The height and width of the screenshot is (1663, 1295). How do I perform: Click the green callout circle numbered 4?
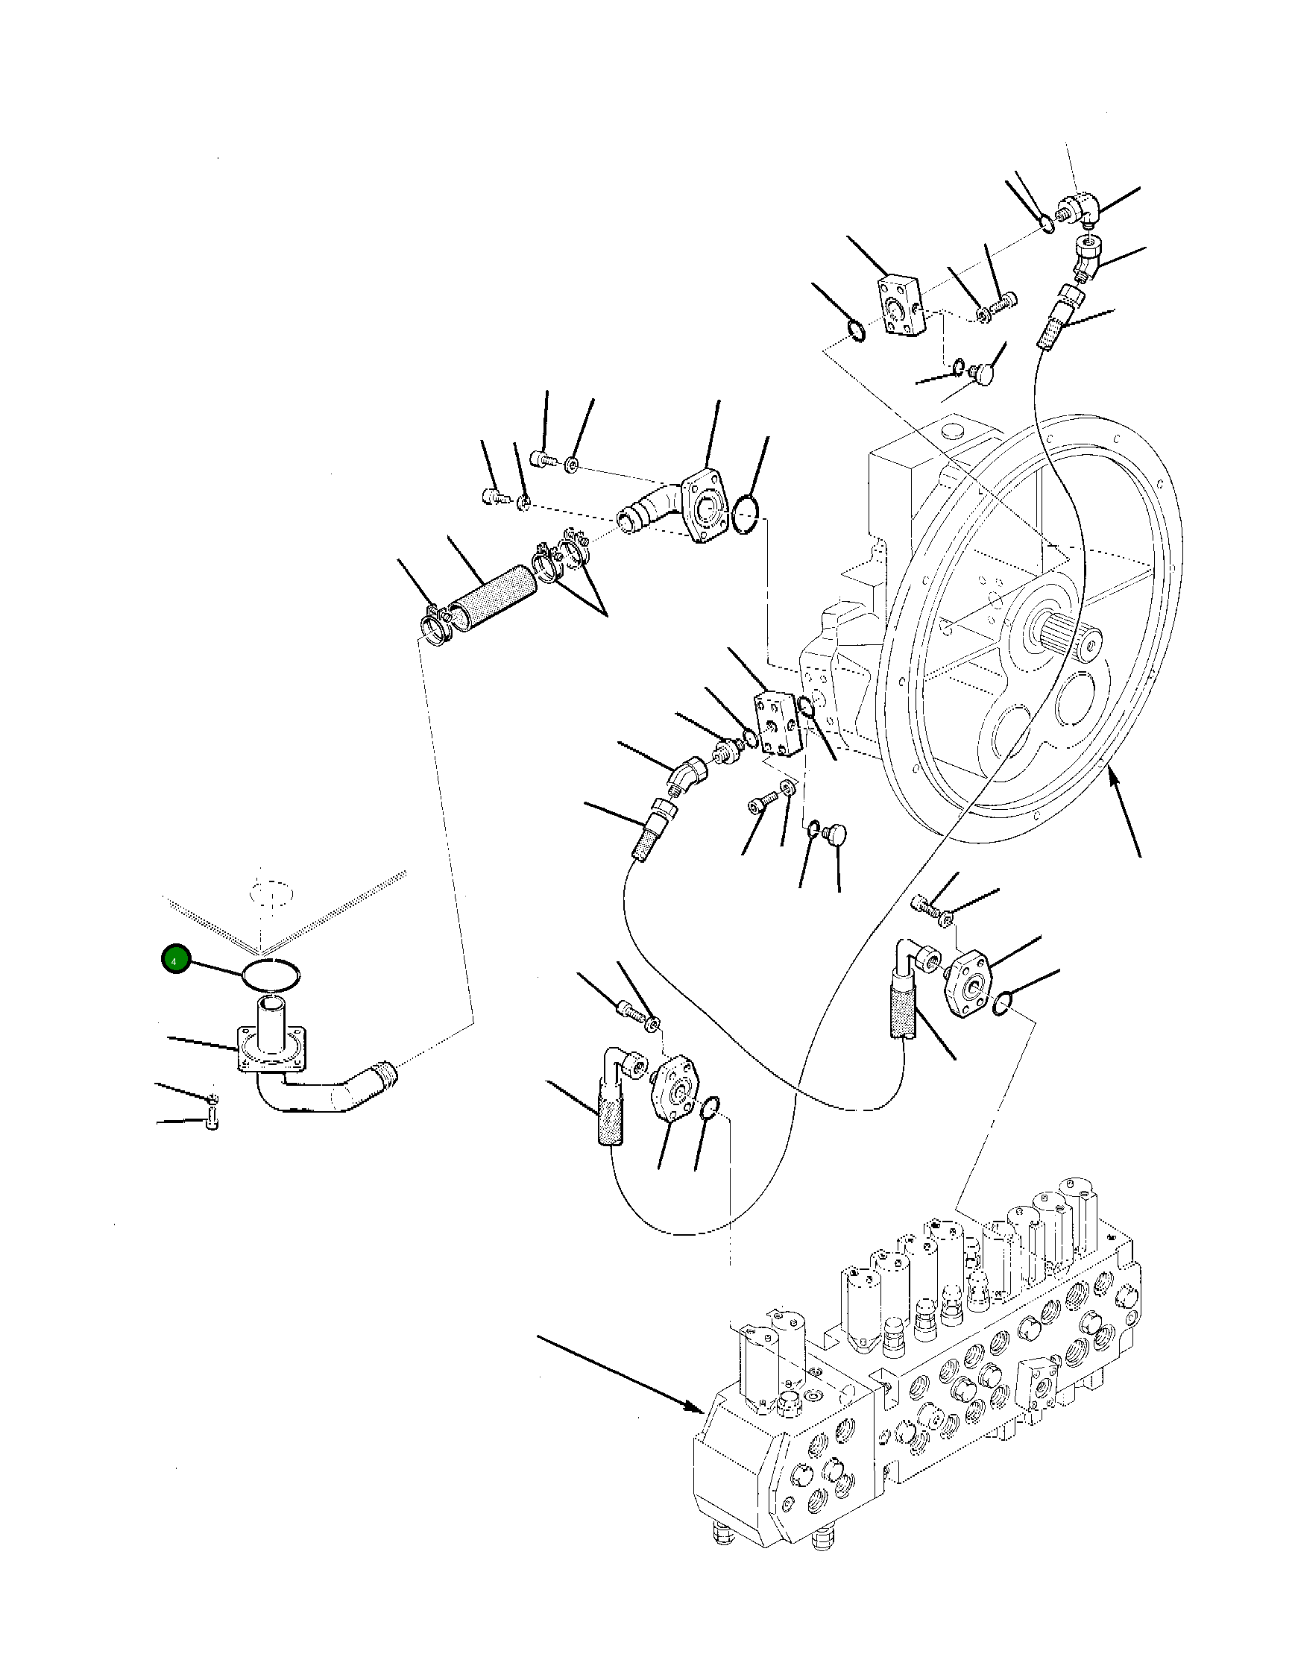coord(174,962)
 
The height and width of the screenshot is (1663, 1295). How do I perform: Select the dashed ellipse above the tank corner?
coord(271,892)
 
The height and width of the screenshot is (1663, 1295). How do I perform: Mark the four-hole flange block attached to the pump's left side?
coord(778,724)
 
